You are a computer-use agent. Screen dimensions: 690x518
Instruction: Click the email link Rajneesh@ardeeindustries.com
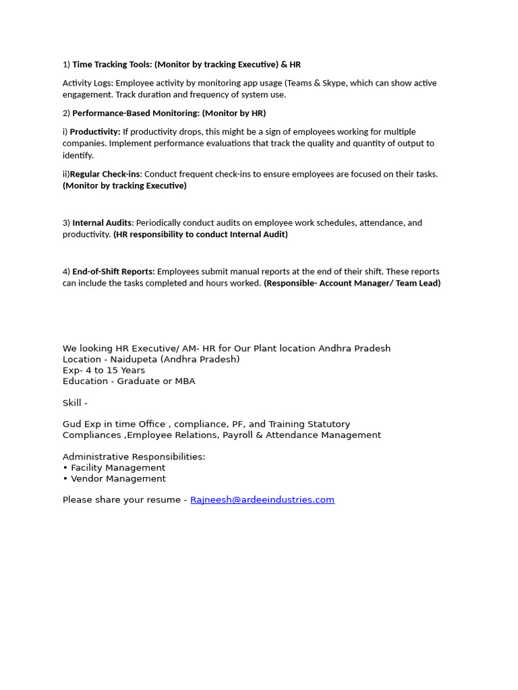tap(262, 500)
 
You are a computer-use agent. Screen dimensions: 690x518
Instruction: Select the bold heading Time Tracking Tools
tap(112, 65)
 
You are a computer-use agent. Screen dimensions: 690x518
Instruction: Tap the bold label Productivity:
tap(95, 132)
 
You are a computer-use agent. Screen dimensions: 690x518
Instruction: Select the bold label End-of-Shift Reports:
tap(113, 272)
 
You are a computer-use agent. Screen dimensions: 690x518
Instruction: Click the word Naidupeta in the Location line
tap(134, 359)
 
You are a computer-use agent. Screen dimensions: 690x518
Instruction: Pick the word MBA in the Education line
tap(184, 381)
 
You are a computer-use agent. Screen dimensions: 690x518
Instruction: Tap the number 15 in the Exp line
tap(112, 371)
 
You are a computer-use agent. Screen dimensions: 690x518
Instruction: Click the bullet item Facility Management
tap(118, 468)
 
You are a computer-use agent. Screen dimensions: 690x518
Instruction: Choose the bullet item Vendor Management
tap(118, 478)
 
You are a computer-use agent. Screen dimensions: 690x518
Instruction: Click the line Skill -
tap(75, 403)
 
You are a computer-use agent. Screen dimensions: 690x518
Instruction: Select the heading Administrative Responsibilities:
tap(134, 457)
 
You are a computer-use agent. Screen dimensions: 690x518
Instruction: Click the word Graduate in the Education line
tap(138, 381)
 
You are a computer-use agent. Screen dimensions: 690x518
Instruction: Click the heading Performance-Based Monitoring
tap(136, 113)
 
